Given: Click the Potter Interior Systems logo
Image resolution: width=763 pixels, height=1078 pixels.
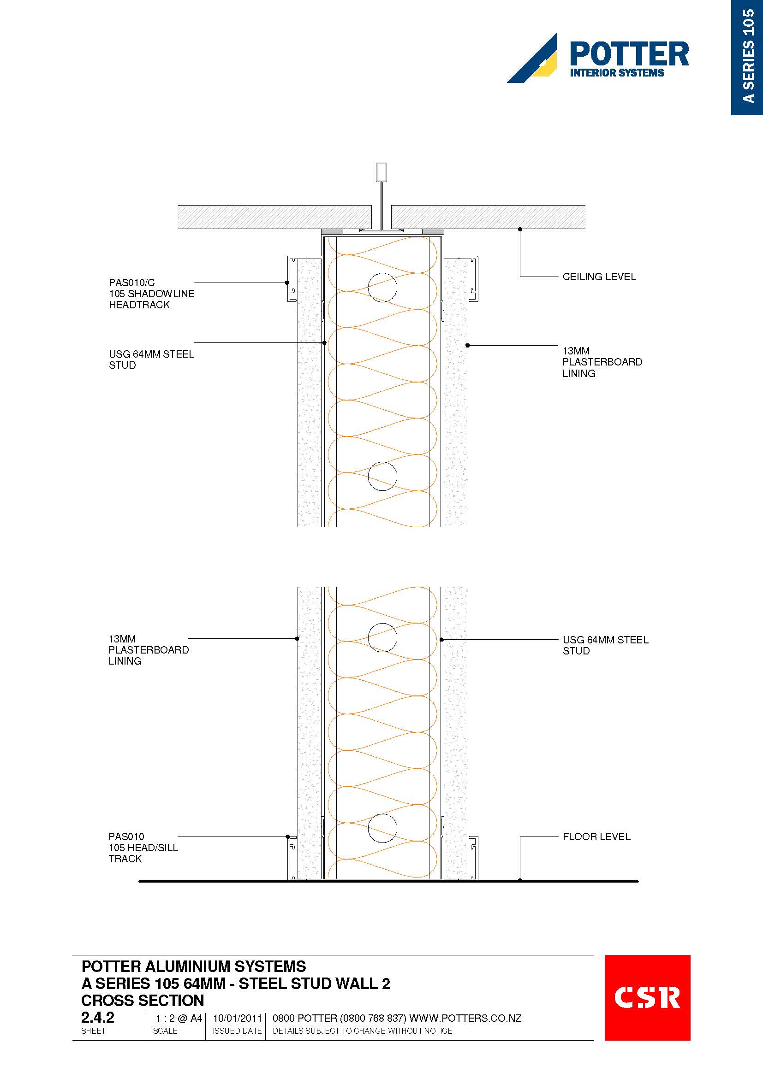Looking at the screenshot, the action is (x=597, y=58).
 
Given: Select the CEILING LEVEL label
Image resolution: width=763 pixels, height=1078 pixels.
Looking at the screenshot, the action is (x=599, y=277).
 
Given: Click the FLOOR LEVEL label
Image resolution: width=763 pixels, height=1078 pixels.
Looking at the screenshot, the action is (x=596, y=836).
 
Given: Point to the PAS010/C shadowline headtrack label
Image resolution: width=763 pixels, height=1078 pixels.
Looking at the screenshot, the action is (x=151, y=294).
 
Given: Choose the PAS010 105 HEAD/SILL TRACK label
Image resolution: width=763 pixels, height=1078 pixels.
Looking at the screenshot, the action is (x=143, y=848).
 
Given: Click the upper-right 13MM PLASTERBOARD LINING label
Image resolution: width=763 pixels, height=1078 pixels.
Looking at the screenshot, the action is (x=602, y=362).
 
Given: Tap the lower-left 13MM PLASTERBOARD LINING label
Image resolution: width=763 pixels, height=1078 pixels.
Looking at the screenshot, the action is (x=149, y=650).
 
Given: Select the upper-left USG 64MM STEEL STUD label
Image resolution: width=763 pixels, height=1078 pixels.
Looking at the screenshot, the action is (x=151, y=359).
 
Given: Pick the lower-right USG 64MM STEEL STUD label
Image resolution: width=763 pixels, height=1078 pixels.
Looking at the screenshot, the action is (x=605, y=645).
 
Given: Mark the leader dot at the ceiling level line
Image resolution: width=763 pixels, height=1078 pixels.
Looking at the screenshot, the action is (x=520, y=230).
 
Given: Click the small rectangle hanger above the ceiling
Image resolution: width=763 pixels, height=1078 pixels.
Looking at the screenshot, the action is (x=381, y=172).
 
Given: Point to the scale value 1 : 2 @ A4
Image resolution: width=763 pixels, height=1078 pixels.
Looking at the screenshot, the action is (x=179, y=1019).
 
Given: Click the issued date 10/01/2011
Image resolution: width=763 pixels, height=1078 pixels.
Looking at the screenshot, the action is (x=237, y=1019).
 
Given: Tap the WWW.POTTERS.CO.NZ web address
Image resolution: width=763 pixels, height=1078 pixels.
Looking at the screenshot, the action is (x=465, y=1019).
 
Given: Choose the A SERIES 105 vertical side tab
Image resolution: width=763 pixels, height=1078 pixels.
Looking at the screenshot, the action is (x=747, y=57).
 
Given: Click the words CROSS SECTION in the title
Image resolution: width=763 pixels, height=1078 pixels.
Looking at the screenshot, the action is (x=143, y=1001).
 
